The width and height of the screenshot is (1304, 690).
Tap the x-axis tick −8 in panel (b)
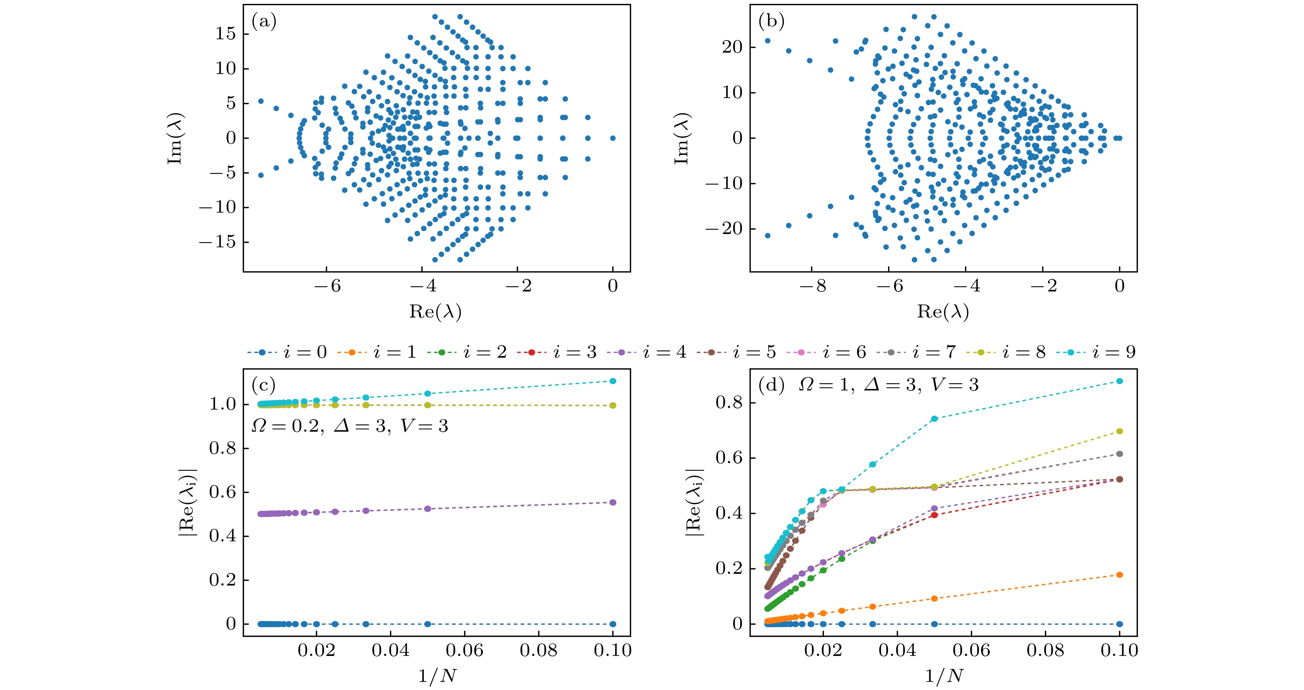[814, 286]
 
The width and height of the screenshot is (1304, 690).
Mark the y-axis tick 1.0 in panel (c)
[223, 404]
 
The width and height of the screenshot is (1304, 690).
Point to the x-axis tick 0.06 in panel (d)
[971, 650]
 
